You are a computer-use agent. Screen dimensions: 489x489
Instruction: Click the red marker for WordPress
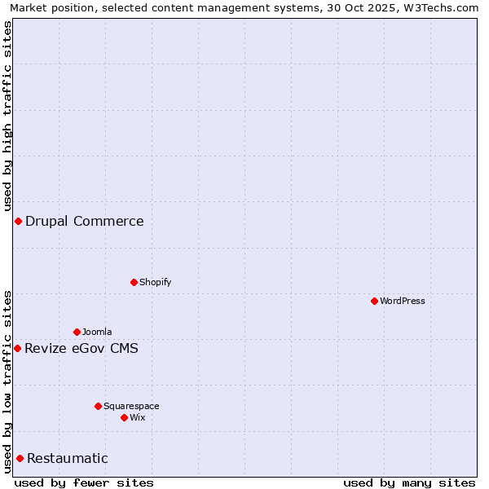tap(374, 301)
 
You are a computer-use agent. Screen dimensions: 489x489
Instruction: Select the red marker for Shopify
tap(134, 282)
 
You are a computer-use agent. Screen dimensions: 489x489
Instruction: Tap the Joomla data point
tap(77, 332)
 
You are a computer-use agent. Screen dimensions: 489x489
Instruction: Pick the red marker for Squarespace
tap(98, 406)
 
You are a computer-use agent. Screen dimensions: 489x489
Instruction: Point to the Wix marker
tap(124, 417)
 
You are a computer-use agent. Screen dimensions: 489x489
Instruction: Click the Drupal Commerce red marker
tap(18, 221)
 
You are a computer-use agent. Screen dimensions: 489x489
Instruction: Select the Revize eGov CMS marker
tap(17, 348)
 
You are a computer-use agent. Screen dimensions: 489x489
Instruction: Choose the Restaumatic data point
tap(20, 458)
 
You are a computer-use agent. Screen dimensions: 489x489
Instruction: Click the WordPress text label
tap(403, 301)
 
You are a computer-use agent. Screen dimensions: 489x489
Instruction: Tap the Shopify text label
tap(155, 282)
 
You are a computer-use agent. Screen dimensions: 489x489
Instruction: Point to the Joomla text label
tap(97, 332)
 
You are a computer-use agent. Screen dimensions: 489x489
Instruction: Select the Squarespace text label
tap(131, 406)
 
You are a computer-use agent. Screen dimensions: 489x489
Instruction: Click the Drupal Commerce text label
tap(84, 221)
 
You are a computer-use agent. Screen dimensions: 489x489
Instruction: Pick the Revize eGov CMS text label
tap(81, 349)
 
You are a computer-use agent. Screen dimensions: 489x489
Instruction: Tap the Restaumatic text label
tap(68, 458)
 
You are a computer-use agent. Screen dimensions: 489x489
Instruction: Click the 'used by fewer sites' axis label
tap(84, 482)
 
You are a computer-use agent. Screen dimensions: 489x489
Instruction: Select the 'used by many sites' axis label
tap(409, 482)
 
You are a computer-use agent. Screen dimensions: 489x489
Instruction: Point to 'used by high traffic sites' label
tap(7, 116)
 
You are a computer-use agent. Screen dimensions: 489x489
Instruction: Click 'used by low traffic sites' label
tap(7, 381)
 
